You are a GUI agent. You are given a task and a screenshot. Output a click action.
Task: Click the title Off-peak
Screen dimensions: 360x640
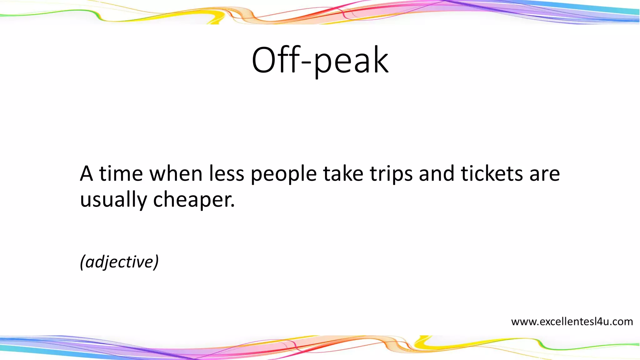(x=320, y=60)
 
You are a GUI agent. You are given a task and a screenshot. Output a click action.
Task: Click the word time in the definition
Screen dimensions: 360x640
(x=121, y=174)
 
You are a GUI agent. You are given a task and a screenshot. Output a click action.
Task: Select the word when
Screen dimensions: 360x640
(x=176, y=174)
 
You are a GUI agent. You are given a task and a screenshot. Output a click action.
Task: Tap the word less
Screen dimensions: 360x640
(x=226, y=174)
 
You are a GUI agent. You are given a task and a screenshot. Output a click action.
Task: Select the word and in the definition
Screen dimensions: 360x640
(x=436, y=174)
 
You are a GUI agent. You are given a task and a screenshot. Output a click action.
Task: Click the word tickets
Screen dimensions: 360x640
(x=492, y=174)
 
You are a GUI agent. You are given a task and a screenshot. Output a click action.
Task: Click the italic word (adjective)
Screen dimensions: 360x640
(x=119, y=262)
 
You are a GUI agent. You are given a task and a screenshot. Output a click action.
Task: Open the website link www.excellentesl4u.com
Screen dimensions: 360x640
(x=572, y=322)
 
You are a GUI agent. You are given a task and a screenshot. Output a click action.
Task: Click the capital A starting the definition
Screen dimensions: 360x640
(x=87, y=174)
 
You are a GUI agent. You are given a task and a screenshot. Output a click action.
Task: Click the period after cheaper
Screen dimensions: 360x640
(x=232, y=206)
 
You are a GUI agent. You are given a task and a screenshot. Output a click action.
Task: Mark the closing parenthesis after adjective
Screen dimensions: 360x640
(x=156, y=262)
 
